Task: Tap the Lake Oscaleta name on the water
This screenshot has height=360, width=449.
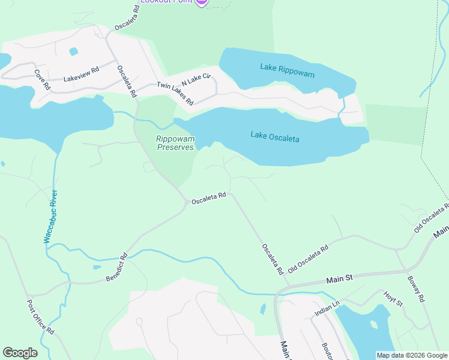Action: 274,138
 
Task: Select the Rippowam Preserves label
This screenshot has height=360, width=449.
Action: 175,143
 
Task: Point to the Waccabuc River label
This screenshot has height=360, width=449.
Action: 52,217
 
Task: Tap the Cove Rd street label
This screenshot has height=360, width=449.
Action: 42,80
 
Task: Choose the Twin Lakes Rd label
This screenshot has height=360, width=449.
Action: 175,94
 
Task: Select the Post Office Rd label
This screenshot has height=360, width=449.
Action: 40,317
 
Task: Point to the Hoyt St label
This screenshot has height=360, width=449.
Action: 393,298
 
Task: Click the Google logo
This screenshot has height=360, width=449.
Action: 20,353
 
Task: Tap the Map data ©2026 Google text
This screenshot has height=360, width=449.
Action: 411,355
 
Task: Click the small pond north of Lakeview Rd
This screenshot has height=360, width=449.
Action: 73,52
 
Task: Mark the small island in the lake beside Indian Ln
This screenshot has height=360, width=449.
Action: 375,325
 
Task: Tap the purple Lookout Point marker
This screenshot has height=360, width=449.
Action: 201,2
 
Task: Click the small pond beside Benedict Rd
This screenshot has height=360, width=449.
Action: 97,266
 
